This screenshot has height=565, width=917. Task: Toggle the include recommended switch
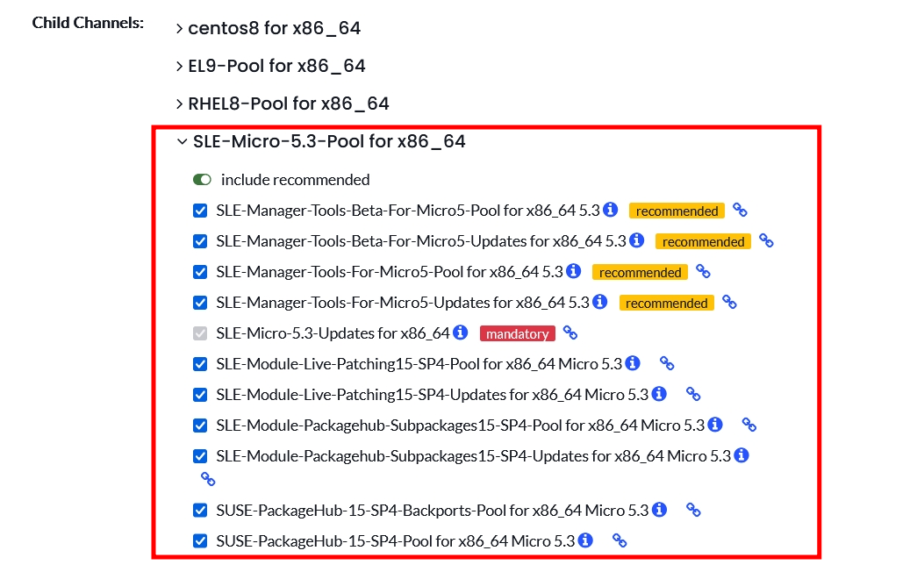[202, 180]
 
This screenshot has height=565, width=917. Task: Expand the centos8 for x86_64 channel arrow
[180, 29]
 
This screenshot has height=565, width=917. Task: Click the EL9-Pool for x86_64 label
[276, 66]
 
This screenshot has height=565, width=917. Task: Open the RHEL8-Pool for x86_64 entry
[289, 104]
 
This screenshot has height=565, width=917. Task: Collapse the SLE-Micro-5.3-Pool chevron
[182, 141]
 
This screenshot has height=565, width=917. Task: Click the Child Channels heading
[88, 23]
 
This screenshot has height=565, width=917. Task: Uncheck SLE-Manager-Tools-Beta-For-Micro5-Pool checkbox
[200, 211]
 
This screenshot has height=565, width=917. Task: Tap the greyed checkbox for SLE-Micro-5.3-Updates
[200, 333]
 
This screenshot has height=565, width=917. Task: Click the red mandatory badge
[518, 333]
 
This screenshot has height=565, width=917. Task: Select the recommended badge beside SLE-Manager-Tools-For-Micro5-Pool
[640, 272]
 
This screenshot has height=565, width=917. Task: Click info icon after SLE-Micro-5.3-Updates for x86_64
[461, 333]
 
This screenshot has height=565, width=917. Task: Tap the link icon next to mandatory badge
[570, 333]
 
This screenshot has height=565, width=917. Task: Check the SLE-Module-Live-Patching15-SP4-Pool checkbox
[200, 364]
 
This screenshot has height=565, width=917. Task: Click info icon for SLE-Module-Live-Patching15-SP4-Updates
[659, 394]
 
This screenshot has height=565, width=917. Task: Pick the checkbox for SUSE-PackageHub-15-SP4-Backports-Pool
[200, 511]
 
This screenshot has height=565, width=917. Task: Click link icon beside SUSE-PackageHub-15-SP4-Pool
[620, 540]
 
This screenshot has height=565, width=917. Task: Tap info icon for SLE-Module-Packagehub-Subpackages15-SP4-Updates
[741, 455]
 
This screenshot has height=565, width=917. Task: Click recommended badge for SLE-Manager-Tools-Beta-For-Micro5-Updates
[703, 241]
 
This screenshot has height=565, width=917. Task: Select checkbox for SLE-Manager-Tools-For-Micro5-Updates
[200, 303]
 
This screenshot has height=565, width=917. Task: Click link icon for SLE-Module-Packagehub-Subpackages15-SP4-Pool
[749, 425]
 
